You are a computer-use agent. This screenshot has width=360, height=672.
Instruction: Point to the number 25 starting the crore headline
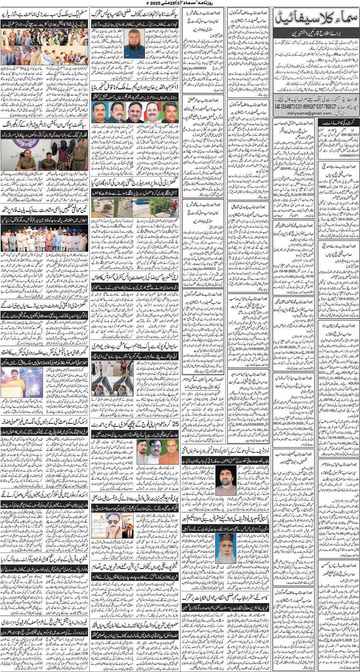click(173, 425)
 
